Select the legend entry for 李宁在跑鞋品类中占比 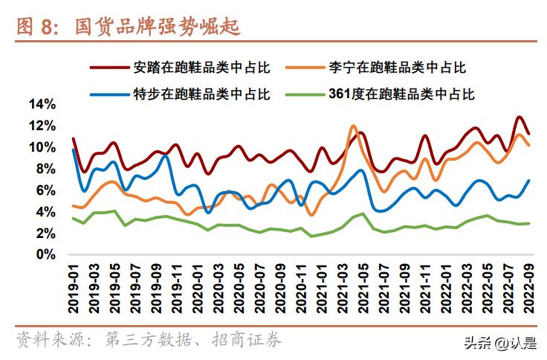pos(397,68)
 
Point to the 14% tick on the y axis pos(42,104)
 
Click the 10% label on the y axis pos(42,147)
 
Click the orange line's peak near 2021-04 pos(353,126)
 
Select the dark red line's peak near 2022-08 pos(519,118)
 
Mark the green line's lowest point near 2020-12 pos(311,236)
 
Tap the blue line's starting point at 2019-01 pos(73,150)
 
